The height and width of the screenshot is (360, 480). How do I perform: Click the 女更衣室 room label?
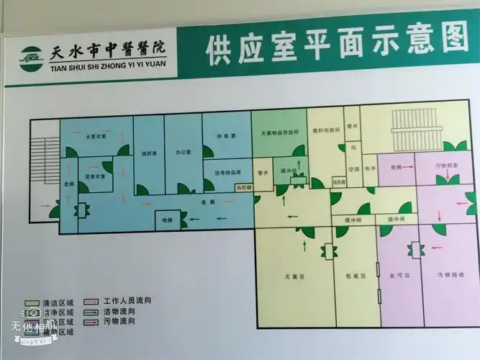tap(96, 137)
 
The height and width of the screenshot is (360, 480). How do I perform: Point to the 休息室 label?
tap(220, 136)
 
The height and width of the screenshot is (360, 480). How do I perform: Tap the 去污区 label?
tap(399, 276)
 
